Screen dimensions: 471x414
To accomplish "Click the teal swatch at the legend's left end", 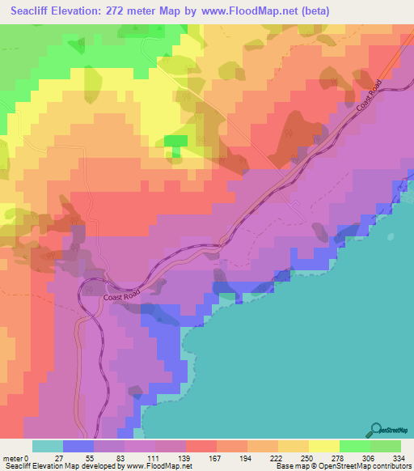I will [48, 445].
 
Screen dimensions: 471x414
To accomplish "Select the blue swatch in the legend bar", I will [78, 445].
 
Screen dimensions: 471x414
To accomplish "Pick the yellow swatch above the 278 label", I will [324, 445].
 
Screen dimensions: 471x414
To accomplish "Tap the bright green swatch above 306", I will [355, 445].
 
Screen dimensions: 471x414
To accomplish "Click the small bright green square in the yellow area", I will [175, 142].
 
